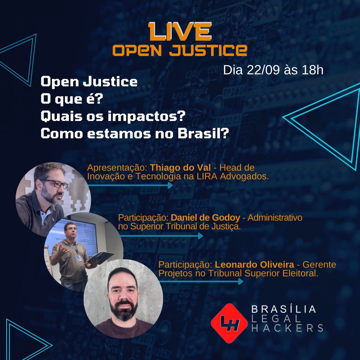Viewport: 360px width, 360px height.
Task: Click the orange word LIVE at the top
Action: pyautogui.click(x=180, y=33)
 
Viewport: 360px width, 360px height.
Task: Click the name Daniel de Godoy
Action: pyautogui.click(x=205, y=218)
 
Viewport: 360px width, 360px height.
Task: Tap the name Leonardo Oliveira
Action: pyautogui.click(x=255, y=265)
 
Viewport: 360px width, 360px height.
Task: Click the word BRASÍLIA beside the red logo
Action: pyautogui.click(x=283, y=309)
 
